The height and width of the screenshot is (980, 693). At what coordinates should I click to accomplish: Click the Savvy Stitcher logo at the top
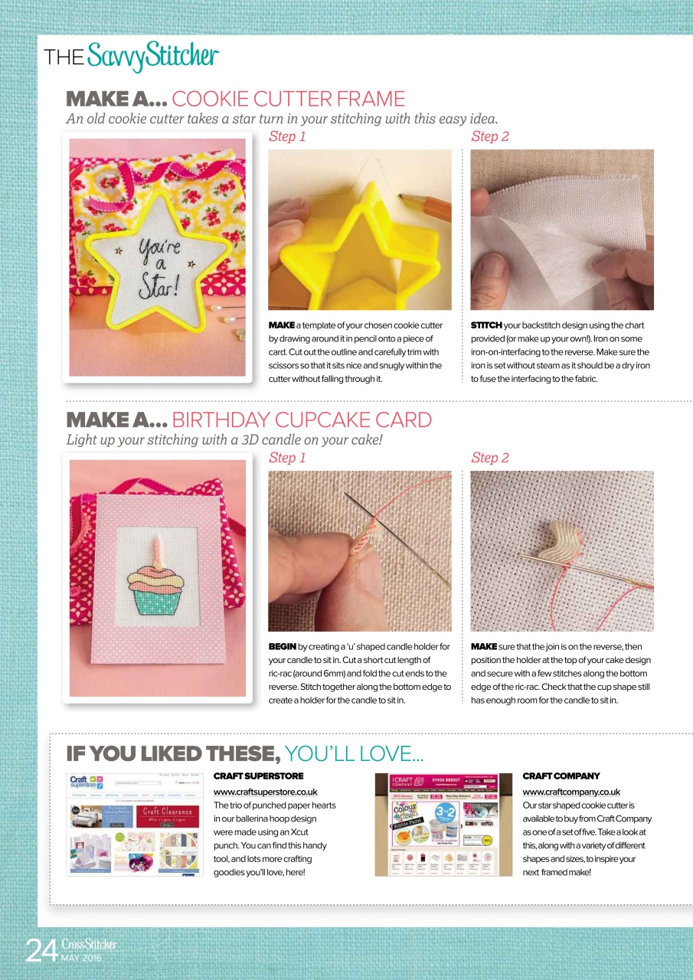(131, 56)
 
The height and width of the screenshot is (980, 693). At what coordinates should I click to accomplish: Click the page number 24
(41, 950)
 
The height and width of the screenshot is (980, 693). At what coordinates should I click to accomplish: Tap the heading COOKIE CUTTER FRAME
(289, 99)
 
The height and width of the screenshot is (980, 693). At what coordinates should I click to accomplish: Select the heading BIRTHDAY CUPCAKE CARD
(302, 420)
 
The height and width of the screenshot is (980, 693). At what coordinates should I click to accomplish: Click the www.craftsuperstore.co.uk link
(265, 792)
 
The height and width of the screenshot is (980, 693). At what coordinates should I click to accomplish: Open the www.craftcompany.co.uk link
(571, 792)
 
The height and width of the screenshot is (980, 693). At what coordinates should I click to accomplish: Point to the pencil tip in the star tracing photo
(403, 198)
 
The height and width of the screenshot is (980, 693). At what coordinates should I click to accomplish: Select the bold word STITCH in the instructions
(486, 325)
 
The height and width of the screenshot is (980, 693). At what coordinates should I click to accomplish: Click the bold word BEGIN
(283, 647)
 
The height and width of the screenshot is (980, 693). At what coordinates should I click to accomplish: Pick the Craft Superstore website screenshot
(136, 825)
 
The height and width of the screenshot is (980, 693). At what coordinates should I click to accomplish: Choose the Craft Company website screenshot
(443, 825)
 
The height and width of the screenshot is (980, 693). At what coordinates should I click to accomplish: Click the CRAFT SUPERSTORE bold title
(247, 776)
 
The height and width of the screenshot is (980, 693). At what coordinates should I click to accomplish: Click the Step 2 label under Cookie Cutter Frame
(490, 137)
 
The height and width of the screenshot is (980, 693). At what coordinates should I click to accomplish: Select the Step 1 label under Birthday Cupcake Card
(288, 458)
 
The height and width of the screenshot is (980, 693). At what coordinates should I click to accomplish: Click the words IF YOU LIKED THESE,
(173, 754)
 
